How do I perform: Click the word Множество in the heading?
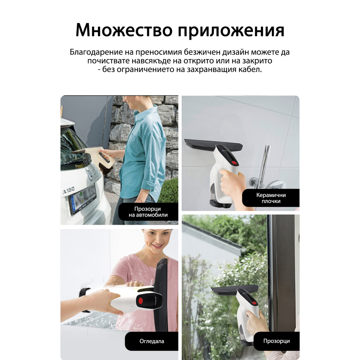(124, 30)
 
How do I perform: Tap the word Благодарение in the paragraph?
(96, 52)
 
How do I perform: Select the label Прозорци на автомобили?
(148, 212)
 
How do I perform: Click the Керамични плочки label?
(271, 198)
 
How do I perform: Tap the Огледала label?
(152, 341)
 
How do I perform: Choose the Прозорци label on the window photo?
(276, 341)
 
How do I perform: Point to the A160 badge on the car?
(69, 190)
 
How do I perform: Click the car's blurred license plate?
(83, 199)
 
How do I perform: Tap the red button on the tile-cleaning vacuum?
(234, 163)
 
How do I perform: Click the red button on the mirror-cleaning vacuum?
(140, 300)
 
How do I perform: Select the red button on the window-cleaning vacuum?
(254, 303)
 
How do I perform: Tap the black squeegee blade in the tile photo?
(213, 144)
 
